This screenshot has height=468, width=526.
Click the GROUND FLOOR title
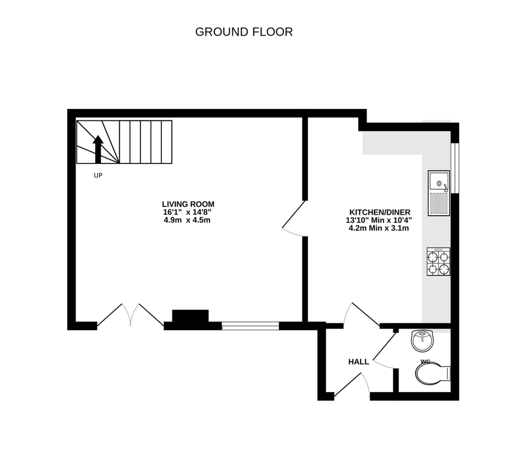pos(244,32)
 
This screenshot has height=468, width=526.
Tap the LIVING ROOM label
pos(188,204)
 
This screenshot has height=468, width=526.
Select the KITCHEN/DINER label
pos(380,212)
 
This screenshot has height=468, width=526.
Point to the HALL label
pos(358,362)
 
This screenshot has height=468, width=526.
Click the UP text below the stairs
pos(98,175)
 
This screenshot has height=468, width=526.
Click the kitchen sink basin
pos(439,181)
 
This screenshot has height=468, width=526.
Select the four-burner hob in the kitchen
pos(438,262)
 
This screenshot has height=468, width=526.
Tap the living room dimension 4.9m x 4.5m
pos(187,220)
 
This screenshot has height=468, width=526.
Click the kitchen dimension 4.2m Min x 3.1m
pos(379,228)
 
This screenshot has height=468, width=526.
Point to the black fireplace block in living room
pos(190,316)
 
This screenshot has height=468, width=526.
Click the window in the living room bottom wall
pos(250,326)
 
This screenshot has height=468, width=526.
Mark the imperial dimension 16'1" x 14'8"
pos(187,212)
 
